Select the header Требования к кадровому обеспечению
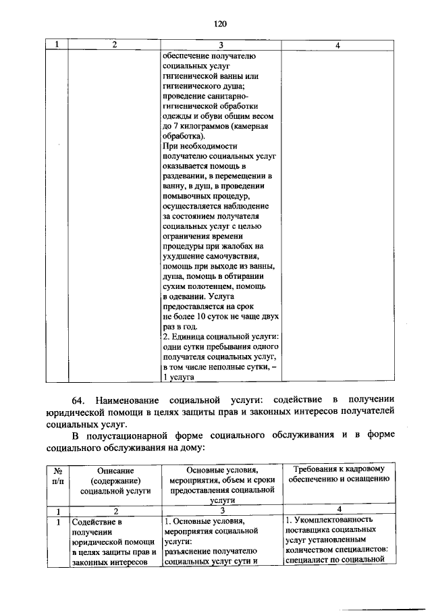click(338, 474)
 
